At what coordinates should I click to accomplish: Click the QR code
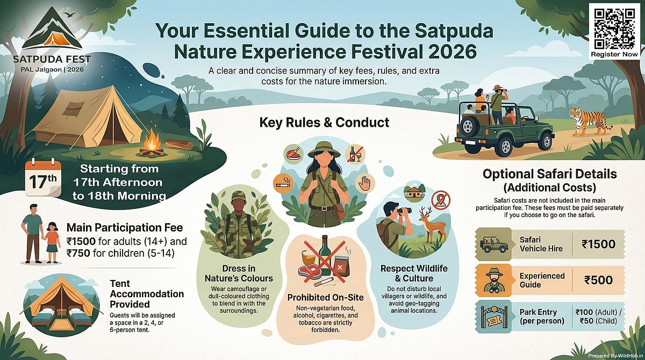click(615, 26)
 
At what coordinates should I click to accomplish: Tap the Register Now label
click(615, 54)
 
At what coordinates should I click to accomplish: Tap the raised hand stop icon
click(365, 183)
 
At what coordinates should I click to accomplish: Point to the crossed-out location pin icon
click(441, 199)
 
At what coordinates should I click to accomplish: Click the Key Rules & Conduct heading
click(324, 123)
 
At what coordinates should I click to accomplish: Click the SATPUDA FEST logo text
click(45, 57)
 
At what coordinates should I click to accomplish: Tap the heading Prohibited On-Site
click(325, 297)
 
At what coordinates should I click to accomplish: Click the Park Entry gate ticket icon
click(494, 317)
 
